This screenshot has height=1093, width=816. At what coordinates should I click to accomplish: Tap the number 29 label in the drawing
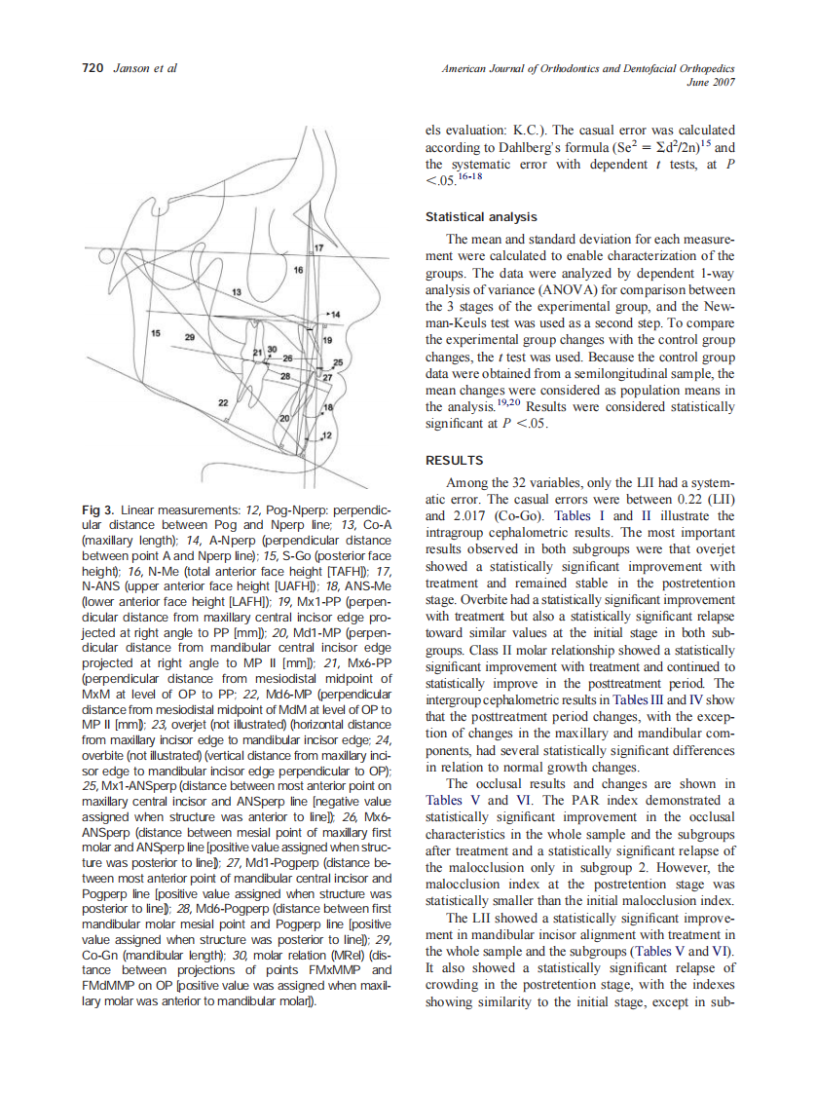190,336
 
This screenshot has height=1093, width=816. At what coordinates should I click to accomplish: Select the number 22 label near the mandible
223,401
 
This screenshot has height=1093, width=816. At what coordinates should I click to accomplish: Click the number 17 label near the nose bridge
316,250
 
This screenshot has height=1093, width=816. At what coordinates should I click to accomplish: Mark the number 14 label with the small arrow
334,315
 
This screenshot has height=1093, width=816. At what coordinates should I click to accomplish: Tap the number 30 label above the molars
273,348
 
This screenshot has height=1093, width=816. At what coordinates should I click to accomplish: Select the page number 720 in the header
92,68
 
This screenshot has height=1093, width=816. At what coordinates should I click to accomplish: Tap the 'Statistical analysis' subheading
481,216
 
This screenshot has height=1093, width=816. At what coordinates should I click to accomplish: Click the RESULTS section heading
454,460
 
